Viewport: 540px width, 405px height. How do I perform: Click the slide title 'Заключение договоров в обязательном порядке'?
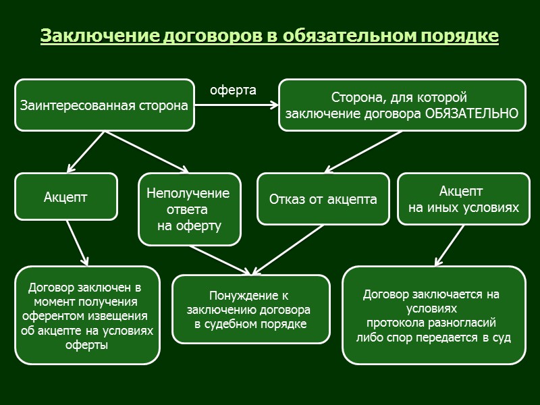coord(269,35)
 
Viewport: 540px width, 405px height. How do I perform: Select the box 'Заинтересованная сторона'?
coord(105,105)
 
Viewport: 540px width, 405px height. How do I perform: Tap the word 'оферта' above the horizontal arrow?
coord(233,90)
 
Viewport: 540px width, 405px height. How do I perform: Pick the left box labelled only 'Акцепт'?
coord(66,197)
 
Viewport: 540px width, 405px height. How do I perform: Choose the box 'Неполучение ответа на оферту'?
coord(188,209)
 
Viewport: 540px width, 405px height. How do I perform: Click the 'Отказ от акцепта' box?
coord(323,199)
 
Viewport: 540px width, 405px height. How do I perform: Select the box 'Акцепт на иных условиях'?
coord(463,199)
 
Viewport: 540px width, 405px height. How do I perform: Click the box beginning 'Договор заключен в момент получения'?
coord(87,315)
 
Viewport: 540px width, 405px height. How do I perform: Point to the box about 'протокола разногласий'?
coord(433,315)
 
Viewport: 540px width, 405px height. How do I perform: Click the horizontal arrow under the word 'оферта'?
coord(236,105)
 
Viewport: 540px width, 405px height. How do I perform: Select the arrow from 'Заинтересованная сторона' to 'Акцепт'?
coord(86,151)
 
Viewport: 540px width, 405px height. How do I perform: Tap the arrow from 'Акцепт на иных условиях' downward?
coord(450,245)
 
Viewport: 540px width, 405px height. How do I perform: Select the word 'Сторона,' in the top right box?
coord(353,98)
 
